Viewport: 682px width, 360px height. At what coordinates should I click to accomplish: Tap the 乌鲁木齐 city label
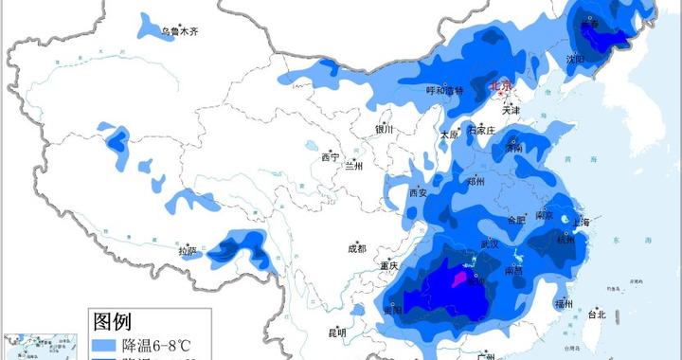179,32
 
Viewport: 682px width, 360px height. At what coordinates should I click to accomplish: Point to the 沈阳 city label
575,59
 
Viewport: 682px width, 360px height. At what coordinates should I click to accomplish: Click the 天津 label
511,109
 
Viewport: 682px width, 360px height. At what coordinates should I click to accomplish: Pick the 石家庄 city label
481,129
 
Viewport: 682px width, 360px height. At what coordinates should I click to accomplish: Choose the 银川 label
384,130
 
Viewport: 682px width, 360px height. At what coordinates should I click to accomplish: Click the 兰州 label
354,166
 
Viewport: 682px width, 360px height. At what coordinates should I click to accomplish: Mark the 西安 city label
419,192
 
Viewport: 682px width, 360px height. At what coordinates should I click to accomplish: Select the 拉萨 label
188,251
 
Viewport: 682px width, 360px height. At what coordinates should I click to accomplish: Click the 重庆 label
388,266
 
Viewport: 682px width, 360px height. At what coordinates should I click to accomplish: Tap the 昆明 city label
337,333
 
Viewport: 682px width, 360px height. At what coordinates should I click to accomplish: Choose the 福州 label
564,303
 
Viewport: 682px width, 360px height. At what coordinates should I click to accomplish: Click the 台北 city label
596,314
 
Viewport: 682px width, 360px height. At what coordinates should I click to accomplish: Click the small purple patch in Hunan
461,278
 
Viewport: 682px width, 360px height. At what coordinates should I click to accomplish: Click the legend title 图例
117,320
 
